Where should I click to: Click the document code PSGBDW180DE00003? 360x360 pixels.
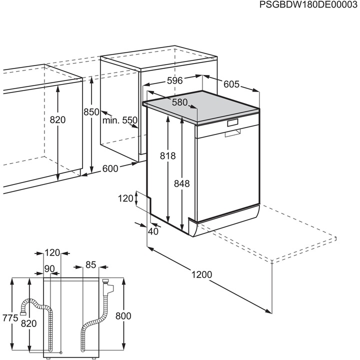(309, 5)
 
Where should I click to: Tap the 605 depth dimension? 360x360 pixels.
(231, 84)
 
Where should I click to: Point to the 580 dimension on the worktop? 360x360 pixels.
(179, 102)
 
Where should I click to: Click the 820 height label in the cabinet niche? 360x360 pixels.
(58, 120)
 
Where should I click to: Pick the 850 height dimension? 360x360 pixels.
(91, 112)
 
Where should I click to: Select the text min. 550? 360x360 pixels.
(119, 120)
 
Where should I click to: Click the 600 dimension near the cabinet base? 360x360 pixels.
(110, 168)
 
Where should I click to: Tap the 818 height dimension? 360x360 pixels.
(168, 156)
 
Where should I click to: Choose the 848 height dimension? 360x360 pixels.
(182, 183)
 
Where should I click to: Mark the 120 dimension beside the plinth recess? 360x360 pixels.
(126, 198)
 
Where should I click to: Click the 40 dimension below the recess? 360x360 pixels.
(153, 231)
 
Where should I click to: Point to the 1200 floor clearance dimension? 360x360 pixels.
(201, 274)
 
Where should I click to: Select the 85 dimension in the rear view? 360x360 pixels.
(90, 264)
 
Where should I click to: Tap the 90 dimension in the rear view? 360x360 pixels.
(49, 269)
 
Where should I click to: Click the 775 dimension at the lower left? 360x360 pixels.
(9, 318)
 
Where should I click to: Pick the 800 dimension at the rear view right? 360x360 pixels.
(123, 316)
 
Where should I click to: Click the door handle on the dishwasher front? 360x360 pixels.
(232, 133)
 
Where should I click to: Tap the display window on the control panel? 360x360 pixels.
(233, 123)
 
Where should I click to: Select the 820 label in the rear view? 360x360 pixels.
(29, 324)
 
